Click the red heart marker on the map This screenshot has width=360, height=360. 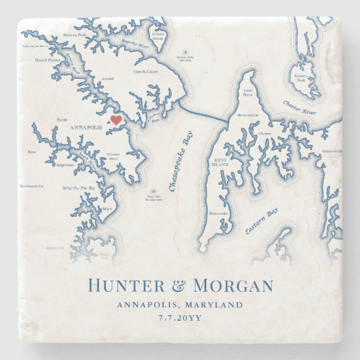(116, 120)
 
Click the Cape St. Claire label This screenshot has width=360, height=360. (145, 72)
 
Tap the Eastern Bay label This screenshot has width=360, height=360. (261, 221)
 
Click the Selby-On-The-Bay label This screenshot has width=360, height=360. (79, 188)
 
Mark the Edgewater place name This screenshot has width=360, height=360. (65, 165)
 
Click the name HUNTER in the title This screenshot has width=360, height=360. (127, 286)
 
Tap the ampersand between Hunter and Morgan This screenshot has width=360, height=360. (179, 286)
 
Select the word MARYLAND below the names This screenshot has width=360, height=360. (215, 305)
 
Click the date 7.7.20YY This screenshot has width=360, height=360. (179, 319)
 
